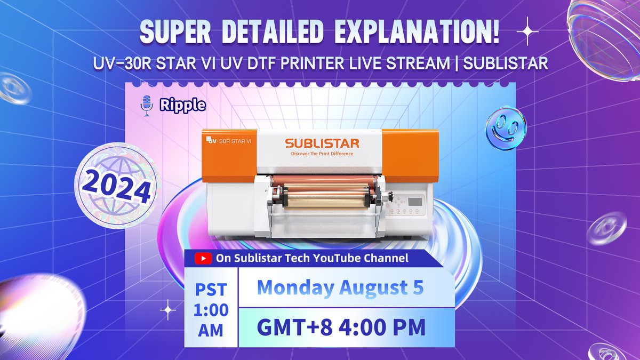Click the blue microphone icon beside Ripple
coord(146,106)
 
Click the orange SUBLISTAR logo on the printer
coord(322,143)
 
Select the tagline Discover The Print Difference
coord(322,154)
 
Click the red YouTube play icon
coord(202,259)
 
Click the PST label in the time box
coord(211,291)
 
